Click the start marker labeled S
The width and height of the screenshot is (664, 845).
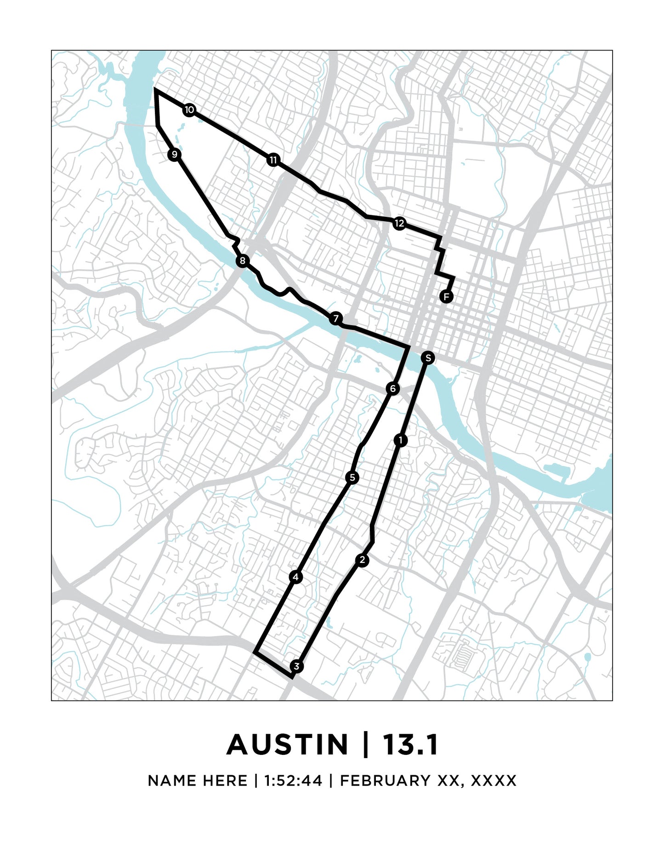(428, 358)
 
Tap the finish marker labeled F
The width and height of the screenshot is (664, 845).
(446, 296)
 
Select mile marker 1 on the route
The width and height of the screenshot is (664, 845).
(401, 440)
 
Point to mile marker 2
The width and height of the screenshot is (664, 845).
(363, 560)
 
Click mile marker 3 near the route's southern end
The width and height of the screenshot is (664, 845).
(297, 666)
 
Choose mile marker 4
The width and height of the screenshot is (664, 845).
(296, 577)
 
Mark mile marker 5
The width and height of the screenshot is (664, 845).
(352, 477)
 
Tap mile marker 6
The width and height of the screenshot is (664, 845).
(392, 389)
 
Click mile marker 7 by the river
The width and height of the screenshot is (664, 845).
(336, 318)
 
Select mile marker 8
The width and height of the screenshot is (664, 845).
(242, 261)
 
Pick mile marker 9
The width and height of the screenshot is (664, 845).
(174, 154)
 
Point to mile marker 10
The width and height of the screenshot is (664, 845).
(189, 110)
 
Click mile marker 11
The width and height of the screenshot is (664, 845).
(273, 160)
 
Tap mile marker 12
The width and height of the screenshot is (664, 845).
(399, 223)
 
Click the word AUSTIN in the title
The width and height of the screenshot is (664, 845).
(288, 745)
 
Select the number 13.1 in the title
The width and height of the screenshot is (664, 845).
(410, 745)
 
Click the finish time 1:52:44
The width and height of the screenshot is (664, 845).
(293, 781)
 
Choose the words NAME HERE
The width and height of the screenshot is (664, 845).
(198, 781)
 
